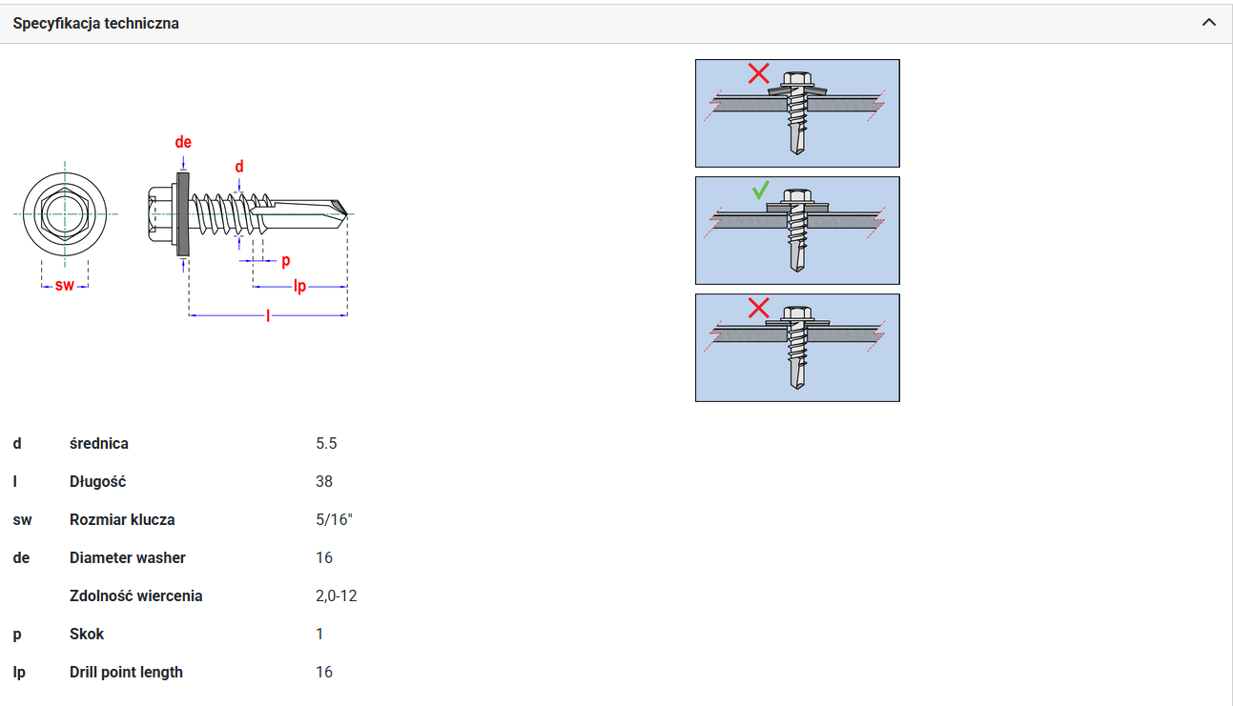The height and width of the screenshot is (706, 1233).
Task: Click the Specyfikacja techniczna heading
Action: coord(95,24)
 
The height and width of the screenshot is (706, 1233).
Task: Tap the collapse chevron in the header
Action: coord(1209,23)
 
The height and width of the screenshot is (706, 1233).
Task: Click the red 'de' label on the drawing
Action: coord(183,142)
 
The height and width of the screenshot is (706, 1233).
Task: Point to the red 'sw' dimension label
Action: coord(65,286)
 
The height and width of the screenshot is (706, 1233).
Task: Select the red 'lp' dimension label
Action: coord(299,287)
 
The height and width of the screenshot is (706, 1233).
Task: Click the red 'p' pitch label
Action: coord(286,261)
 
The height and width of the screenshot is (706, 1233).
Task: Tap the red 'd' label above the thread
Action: coord(239,167)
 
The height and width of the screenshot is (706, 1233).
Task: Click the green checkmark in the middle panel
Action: coord(761,191)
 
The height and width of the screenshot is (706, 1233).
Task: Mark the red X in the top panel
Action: coord(758,73)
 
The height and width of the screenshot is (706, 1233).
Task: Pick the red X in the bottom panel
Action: coord(758,308)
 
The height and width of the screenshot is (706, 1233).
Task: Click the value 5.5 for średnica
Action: coord(326,444)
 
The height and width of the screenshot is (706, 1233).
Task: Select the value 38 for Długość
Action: coord(324,482)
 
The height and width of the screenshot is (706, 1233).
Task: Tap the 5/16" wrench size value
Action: coord(334,519)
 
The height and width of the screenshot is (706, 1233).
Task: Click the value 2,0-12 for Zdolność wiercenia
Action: coord(337,596)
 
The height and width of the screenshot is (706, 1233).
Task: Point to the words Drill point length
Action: coord(126,673)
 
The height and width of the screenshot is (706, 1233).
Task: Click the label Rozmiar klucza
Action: coord(122,519)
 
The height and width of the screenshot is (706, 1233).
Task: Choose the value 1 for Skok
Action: coord(319,634)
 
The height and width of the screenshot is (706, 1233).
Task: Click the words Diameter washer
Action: coord(128,558)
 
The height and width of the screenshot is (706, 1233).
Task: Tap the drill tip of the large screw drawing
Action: coord(347,213)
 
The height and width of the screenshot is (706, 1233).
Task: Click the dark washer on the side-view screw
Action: coord(183,213)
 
